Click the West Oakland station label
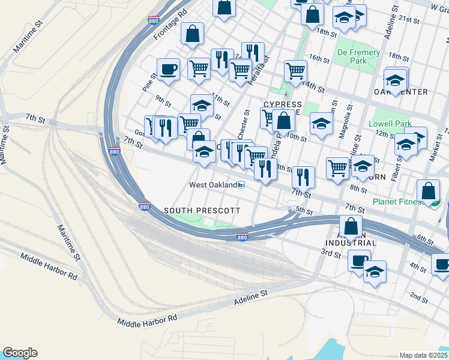click(213, 185)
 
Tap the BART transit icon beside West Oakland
click(241, 185)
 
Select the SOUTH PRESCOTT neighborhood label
click(202, 211)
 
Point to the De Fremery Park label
click(359, 56)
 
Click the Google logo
click(20, 353)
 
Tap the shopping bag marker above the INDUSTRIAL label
click(351, 226)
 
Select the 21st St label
click(411, 20)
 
